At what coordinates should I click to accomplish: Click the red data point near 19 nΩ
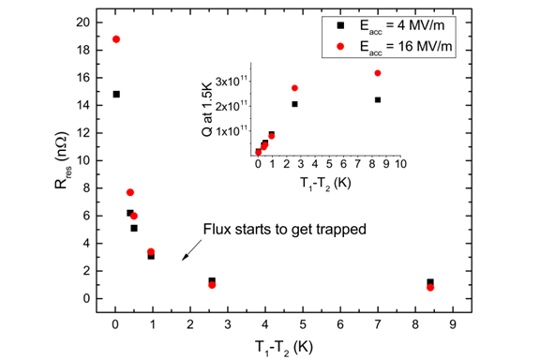click(x=115, y=39)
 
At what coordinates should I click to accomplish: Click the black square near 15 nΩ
click(x=115, y=94)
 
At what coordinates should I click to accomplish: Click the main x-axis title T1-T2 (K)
click(x=282, y=345)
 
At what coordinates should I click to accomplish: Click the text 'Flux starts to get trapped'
click(x=271, y=229)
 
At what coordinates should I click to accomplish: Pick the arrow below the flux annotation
click(x=188, y=251)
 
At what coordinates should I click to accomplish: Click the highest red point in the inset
click(x=377, y=73)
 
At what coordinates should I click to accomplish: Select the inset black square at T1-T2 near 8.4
click(x=377, y=99)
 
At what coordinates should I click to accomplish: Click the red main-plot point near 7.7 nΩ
click(x=130, y=192)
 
